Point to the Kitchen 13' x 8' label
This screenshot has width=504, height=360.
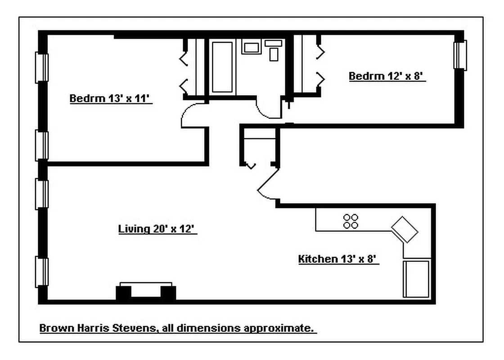[x=337, y=259]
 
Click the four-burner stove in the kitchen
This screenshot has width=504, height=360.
[x=351, y=221]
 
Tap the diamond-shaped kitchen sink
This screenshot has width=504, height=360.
[x=405, y=229]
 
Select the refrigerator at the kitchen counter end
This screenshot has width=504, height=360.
[x=417, y=279]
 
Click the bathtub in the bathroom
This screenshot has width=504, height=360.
[x=222, y=67]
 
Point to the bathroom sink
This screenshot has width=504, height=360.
[x=251, y=47]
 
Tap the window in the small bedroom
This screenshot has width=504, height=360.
[x=460, y=55]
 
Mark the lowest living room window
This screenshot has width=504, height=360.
[x=42, y=272]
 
